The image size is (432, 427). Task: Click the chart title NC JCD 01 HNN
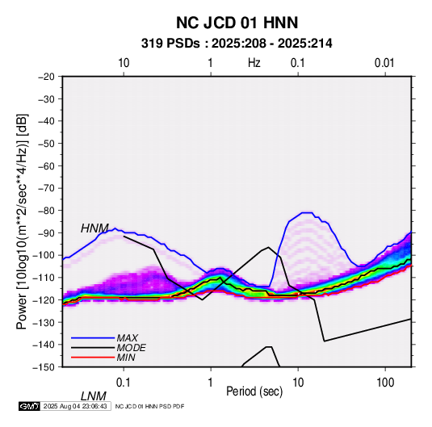pos(237,23)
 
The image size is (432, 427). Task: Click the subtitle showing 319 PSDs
pos(237,44)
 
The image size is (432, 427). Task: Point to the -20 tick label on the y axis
pos(46,77)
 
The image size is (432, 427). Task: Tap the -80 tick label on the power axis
pos(46,211)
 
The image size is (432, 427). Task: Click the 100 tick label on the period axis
pos(385,383)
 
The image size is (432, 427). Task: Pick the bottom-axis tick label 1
pos(211,383)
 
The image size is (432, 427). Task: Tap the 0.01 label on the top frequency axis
pos(384,63)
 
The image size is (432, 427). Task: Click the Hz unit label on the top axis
pos(254,63)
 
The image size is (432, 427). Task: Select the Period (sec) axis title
pos(254,391)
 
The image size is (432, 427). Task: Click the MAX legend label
pos(128,338)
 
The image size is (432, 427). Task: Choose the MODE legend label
pos(131,348)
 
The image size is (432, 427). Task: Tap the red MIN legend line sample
pos(93,358)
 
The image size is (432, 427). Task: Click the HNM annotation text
pos(94,228)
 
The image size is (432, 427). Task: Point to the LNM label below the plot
pos(94,396)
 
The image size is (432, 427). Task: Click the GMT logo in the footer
pos(30,406)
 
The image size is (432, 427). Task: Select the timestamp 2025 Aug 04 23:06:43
pos(75,406)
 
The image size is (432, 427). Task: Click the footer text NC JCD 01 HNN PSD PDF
pos(149,406)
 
